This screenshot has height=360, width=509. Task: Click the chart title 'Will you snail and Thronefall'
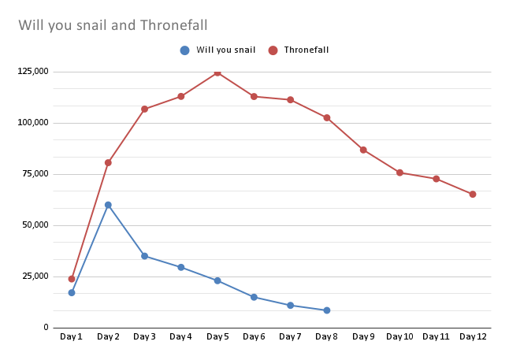click(113, 25)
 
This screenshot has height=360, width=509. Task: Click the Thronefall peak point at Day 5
click(217, 72)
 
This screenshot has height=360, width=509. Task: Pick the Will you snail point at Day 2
click(108, 205)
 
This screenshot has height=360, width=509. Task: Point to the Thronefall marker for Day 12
click(473, 194)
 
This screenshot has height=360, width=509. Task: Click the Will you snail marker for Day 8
click(327, 310)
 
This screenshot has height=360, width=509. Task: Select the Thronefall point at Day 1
click(72, 279)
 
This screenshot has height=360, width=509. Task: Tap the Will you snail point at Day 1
click(72, 292)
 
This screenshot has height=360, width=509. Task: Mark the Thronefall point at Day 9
click(363, 150)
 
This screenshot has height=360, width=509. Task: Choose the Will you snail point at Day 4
click(181, 267)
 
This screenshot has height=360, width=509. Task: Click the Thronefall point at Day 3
click(144, 109)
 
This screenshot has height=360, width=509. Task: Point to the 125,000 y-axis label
click(32, 72)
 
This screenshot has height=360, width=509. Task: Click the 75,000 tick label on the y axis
click(35, 174)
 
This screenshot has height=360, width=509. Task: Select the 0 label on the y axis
click(46, 328)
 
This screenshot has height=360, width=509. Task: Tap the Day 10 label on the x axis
click(399, 337)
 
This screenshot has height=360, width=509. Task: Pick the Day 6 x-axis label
click(254, 337)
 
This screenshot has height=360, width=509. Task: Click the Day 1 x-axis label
click(72, 337)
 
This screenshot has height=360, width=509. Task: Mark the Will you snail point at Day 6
click(254, 297)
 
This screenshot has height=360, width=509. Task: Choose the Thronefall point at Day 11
click(437, 179)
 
